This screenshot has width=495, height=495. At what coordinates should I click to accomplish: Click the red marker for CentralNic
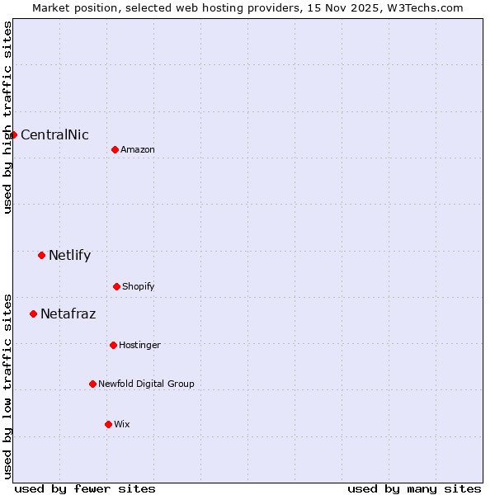(13, 134)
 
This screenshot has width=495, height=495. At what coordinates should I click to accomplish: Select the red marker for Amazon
(115, 149)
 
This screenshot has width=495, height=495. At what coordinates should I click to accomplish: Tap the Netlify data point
(41, 255)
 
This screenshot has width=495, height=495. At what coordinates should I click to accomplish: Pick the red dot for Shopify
(116, 286)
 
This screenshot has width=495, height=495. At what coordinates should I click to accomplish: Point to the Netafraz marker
(33, 313)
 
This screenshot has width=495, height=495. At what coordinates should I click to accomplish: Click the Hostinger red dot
(113, 345)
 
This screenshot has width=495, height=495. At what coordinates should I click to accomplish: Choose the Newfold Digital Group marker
(92, 384)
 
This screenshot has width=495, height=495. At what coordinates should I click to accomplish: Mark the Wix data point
(108, 424)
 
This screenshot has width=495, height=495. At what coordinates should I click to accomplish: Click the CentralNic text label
(54, 135)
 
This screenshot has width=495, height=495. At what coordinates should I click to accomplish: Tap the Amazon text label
(138, 149)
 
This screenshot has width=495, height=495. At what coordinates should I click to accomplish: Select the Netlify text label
(69, 256)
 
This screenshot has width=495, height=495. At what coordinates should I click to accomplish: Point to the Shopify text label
(139, 287)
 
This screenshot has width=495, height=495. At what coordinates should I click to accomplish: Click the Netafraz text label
(68, 314)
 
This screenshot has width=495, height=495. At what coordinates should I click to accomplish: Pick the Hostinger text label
(139, 346)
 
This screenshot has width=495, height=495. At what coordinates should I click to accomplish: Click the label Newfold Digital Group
(146, 384)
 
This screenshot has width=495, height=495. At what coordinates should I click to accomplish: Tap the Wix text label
(122, 425)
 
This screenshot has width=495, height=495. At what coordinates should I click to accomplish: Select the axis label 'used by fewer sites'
(85, 488)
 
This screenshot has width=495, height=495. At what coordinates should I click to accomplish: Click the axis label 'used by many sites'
(414, 488)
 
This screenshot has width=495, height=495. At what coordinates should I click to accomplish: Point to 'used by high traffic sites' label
(7, 117)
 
